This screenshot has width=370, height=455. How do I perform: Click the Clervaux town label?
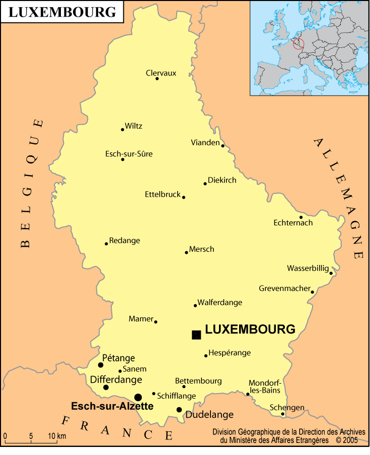click(x=161, y=73)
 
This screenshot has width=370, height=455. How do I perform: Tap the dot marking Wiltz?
click(x=122, y=130)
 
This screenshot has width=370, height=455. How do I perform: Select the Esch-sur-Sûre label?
click(x=129, y=154)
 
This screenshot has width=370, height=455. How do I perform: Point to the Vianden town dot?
click(x=223, y=146)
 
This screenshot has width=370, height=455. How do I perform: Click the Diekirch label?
click(x=222, y=180)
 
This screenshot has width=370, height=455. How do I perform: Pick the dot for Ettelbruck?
click(x=184, y=197)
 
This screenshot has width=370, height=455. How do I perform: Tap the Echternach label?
click(x=293, y=223)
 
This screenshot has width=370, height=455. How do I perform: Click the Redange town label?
click(x=124, y=240)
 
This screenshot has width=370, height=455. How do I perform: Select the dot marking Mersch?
click(x=186, y=252)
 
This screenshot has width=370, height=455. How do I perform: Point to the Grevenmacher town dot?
click(x=312, y=292)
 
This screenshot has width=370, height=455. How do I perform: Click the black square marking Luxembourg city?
click(x=196, y=335)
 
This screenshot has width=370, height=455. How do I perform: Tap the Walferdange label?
click(x=219, y=302)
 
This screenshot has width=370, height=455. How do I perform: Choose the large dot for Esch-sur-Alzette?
click(x=138, y=397)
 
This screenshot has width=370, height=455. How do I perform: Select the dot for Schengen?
click(x=282, y=414)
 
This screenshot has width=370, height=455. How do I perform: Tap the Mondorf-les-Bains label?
click(x=265, y=386)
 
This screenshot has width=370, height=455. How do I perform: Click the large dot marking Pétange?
click(x=101, y=365)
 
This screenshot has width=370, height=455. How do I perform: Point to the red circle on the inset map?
click(x=299, y=44)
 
